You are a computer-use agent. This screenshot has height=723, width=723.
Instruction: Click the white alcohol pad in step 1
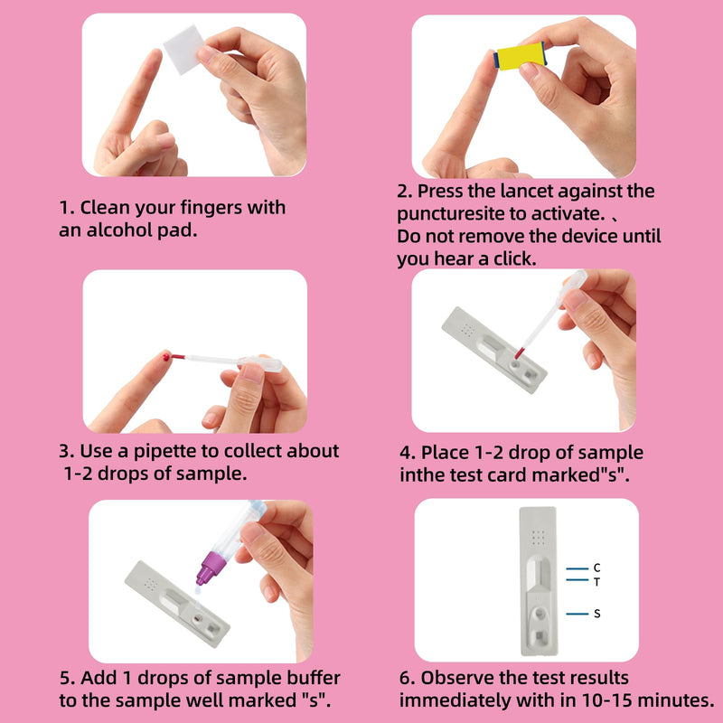(x=184, y=50)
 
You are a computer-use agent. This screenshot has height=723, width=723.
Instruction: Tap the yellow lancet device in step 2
(x=521, y=56)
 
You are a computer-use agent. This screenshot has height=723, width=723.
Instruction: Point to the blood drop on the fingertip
(x=166, y=356)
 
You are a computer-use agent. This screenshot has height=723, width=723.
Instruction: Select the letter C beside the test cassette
(x=596, y=568)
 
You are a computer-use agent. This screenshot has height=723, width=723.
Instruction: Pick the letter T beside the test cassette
(x=596, y=582)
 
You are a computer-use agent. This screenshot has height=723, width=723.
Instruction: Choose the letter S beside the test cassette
(x=597, y=614)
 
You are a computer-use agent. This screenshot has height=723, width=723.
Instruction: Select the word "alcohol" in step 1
(x=118, y=230)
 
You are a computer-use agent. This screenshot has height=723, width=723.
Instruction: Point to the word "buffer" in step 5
(x=314, y=678)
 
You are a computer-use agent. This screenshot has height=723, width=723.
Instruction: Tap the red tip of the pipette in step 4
(x=520, y=353)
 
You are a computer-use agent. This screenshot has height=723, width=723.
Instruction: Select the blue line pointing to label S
(x=577, y=614)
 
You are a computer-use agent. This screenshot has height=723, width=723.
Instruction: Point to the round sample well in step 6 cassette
(x=539, y=614)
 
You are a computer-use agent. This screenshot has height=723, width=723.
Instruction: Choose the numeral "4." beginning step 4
(x=408, y=453)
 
